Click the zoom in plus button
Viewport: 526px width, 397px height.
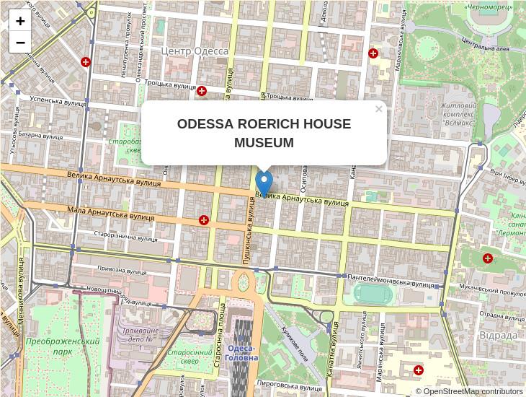20,21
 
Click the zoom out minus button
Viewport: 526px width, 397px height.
20,43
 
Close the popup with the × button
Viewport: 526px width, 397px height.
378,109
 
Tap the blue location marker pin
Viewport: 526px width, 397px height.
264,183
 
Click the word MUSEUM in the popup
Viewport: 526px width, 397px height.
264,143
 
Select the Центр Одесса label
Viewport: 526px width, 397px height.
194,51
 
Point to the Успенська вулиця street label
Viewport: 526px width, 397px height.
58,102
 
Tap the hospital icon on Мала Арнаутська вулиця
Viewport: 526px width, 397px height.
205,219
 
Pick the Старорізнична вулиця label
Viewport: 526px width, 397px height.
125,236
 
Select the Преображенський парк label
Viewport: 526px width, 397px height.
62,346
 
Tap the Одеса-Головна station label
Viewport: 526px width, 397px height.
241,353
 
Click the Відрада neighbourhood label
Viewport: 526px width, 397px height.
498,335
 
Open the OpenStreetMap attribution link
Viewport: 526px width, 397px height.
473,391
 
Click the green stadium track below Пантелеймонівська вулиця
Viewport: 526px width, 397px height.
370,294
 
